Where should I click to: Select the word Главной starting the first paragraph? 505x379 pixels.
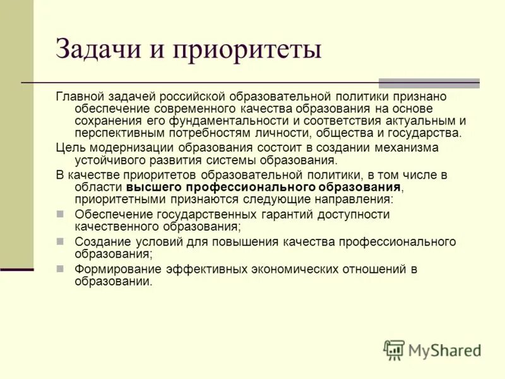pyautogui.click(x=80, y=97)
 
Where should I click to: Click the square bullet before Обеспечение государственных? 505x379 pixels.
pyautogui.click(x=61, y=214)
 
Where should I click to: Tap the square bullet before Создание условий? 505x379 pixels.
pyautogui.click(x=61, y=242)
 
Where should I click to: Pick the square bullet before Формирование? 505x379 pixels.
pyautogui.click(x=61, y=269)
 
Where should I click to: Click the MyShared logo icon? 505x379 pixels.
pyautogui.click(x=394, y=350)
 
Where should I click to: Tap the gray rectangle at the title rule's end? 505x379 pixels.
pyautogui.click(x=429, y=83)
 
